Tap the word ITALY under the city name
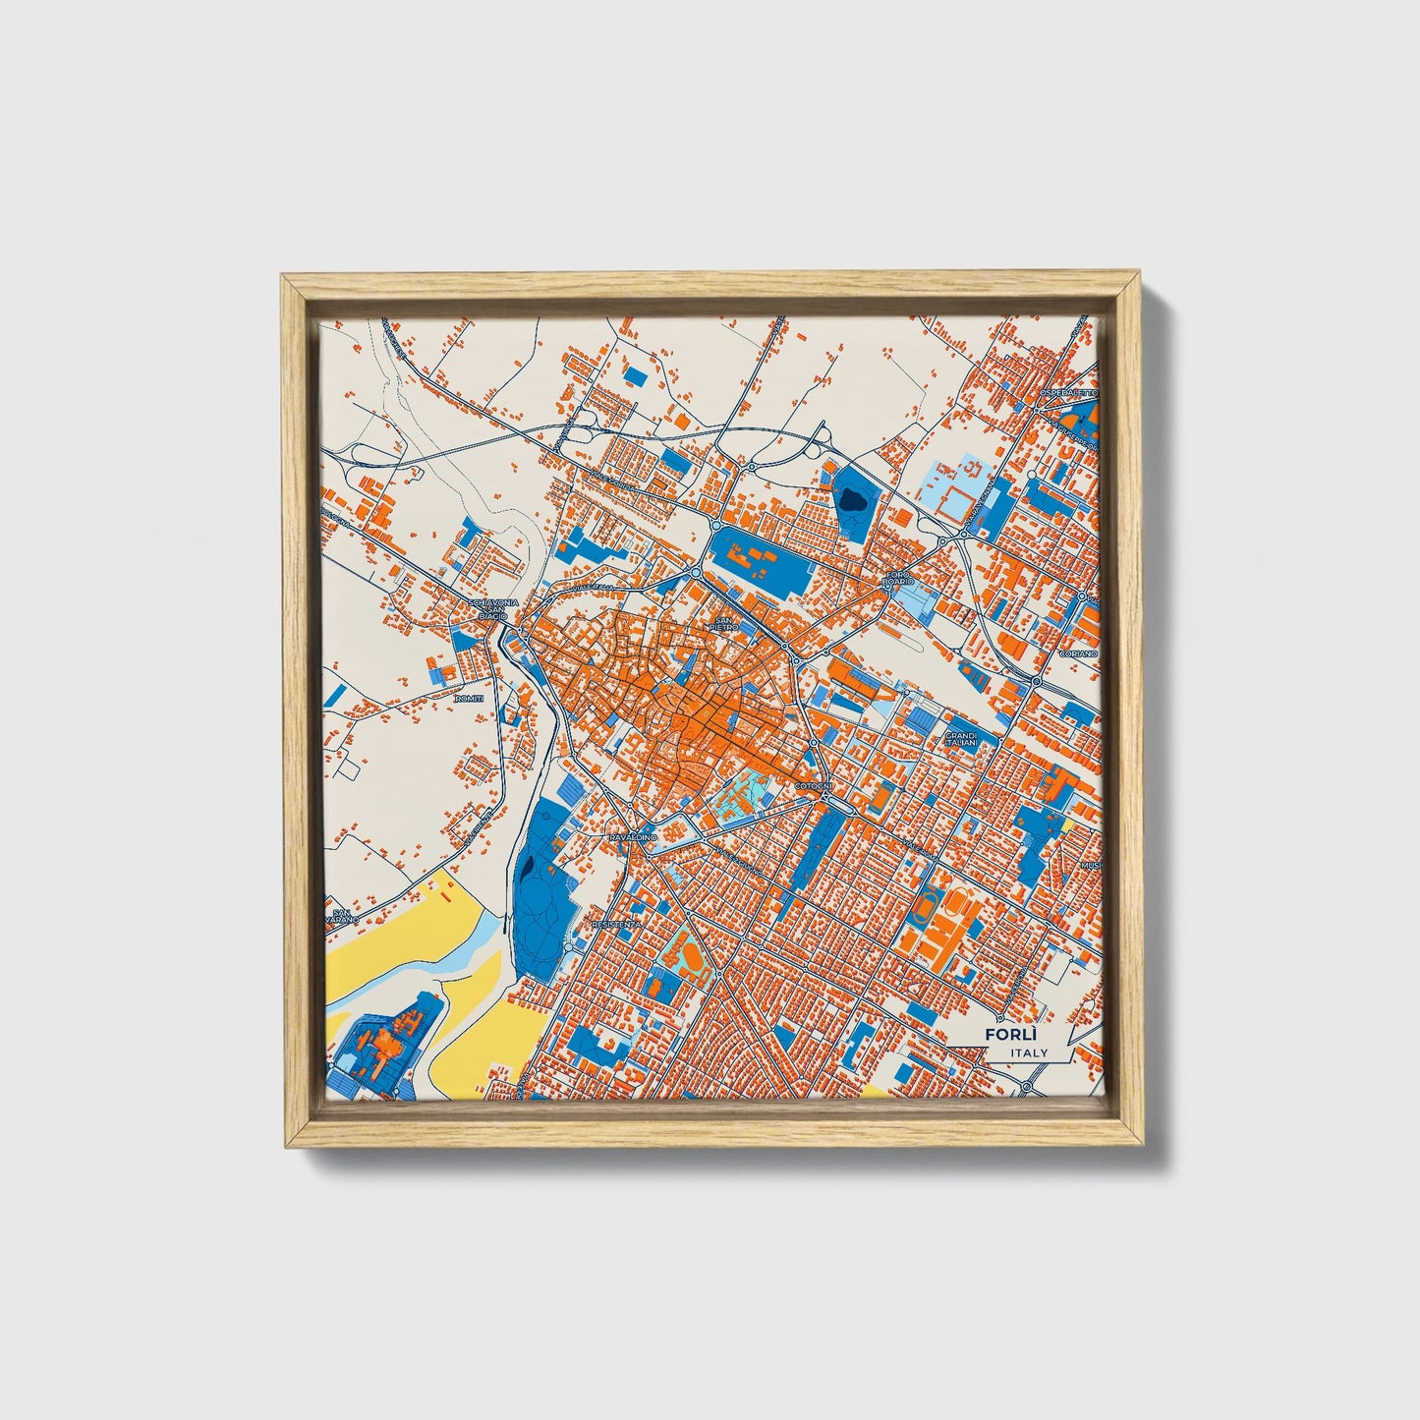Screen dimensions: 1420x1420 (x=1028, y=1052)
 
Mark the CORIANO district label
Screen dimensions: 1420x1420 (x=1077, y=653)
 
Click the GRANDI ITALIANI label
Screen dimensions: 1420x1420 (x=961, y=739)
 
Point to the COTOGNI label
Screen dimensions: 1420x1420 (x=814, y=787)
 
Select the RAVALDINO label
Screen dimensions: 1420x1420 (x=632, y=836)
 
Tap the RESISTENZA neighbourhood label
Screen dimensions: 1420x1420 (x=617, y=925)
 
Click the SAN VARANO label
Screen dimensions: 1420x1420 (x=341, y=916)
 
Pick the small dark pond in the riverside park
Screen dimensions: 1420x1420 (x=528, y=868)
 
